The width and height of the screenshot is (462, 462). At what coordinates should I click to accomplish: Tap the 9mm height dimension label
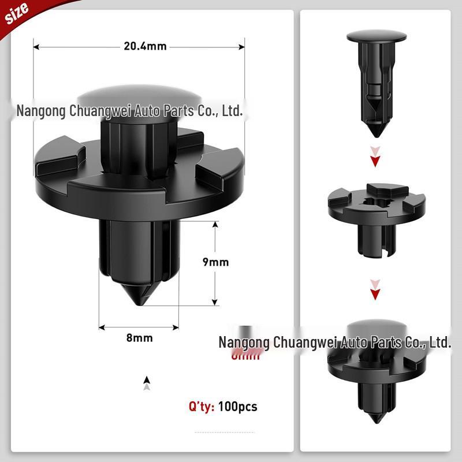(215, 262)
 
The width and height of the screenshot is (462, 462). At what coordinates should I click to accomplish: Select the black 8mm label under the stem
(139, 338)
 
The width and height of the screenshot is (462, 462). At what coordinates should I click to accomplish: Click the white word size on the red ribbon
(17, 14)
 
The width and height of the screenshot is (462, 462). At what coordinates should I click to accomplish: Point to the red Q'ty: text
(202, 407)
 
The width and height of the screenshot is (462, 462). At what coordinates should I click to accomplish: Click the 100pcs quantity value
(238, 407)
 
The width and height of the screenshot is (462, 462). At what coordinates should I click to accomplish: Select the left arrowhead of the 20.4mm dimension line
(36, 46)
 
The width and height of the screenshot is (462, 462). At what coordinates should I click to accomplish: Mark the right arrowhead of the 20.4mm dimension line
(242, 46)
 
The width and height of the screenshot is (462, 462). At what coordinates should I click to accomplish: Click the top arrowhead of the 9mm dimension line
(215, 225)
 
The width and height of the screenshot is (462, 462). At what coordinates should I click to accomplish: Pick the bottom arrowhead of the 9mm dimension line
(215, 301)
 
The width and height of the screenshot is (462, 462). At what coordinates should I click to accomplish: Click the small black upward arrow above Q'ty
(147, 380)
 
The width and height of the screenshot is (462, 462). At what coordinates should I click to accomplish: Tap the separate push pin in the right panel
(377, 81)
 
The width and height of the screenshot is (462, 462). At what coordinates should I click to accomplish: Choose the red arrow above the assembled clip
(376, 294)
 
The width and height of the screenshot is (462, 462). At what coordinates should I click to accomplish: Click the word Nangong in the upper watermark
(40, 111)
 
